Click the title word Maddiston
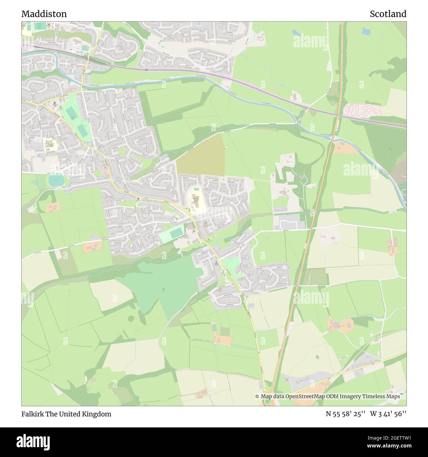pos(44,14)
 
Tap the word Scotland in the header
pos(388,14)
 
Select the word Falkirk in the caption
pos(31,414)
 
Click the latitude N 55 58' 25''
pos(346,414)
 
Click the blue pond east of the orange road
pos(365,31)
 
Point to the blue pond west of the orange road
pos(296,33)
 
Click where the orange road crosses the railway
pos(338,115)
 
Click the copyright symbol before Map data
pos(257,396)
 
